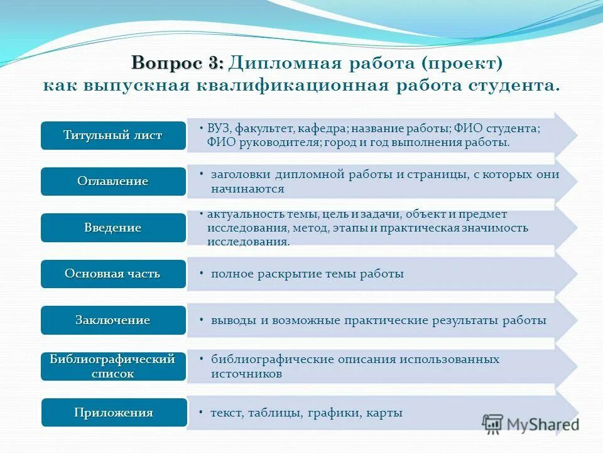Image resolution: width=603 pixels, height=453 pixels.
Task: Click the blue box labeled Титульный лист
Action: pyautogui.click(x=114, y=135)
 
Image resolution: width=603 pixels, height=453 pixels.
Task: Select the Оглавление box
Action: pyautogui.click(x=114, y=181)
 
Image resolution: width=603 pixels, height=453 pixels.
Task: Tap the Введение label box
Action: pyautogui.click(x=114, y=228)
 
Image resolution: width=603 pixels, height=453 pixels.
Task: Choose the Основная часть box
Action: pyautogui.click(x=114, y=274)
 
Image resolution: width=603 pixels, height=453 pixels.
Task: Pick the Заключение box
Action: pyautogui.click(x=114, y=320)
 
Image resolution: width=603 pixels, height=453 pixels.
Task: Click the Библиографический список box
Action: pyautogui.click(x=114, y=366)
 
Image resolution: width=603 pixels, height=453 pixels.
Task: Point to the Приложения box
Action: pyautogui.click(x=114, y=413)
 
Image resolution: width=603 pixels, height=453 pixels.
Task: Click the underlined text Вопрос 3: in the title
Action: pyautogui.click(x=177, y=64)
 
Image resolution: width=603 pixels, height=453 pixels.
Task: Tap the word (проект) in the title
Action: pyautogui.click(x=462, y=64)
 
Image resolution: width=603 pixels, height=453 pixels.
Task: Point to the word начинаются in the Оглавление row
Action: pyautogui.click(x=247, y=189)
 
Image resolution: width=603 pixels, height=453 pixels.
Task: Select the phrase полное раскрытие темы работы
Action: pyautogui.click(x=307, y=274)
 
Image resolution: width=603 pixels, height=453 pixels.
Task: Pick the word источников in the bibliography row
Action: pyautogui.click(x=246, y=374)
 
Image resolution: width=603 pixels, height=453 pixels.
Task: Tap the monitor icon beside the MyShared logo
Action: pyautogui.click(x=493, y=423)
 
